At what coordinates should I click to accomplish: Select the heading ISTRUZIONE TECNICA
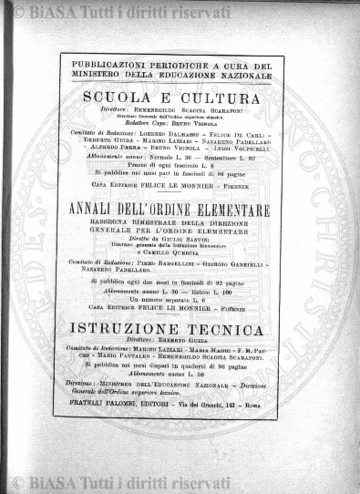pyautogui.click(x=170, y=326)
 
